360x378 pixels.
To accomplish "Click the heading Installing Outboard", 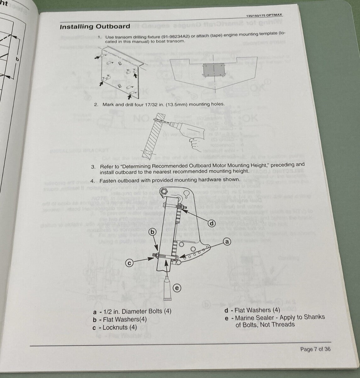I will (95, 27).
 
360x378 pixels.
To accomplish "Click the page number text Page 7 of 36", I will (315, 349).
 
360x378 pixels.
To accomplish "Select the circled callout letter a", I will (227, 242).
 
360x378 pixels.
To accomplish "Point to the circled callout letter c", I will (129, 263).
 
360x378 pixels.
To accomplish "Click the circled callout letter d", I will (211, 223).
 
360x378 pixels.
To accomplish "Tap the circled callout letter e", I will (177, 288).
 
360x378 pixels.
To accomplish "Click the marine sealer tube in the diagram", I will (168, 288).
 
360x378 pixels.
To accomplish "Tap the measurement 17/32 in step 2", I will (143, 104).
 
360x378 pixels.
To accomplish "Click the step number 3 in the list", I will (93, 167).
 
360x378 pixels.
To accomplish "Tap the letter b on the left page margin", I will (17, 59).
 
